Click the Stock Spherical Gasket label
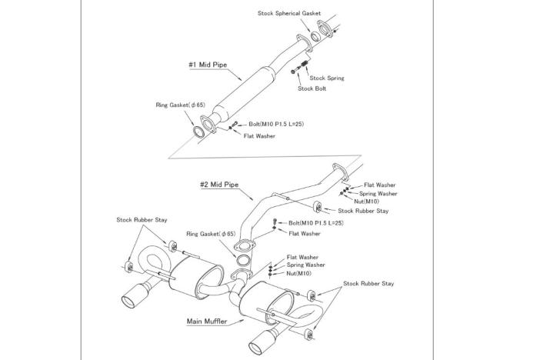tap(289, 13)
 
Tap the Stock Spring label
tap(326, 78)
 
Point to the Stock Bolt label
tap(312, 88)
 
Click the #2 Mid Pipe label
tap(219, 185)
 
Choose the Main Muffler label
tap(206, 321)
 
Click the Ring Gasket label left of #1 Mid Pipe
tap(180, 105)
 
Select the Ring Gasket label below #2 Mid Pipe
tap(210, 233)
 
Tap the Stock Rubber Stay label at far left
tap(142, 220)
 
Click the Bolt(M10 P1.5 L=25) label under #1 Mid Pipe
tap(275, 124)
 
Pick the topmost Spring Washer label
tap(378, 193)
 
